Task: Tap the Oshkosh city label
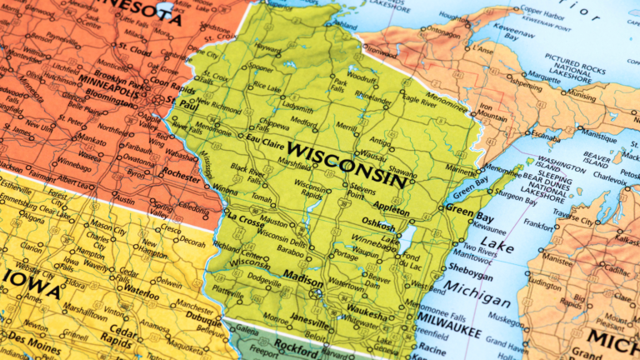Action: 378,225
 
